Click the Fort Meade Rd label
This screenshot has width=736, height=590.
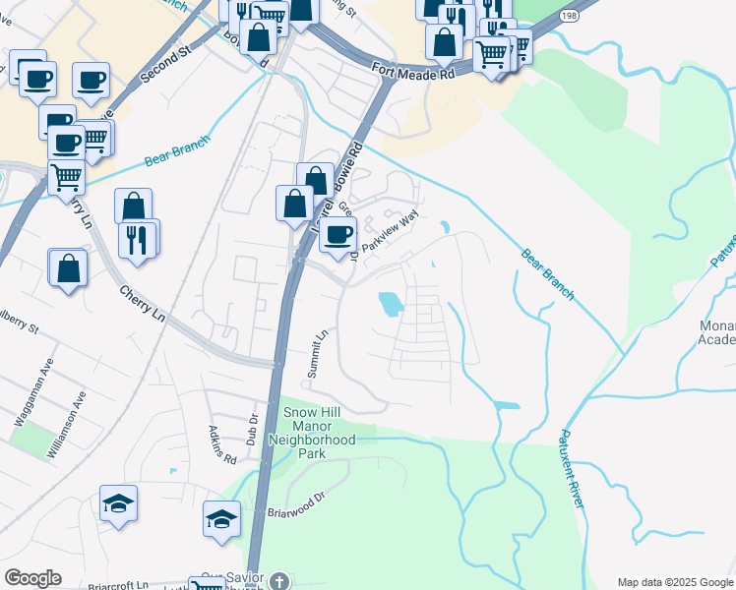click(413, 71)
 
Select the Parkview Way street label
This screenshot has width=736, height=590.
click(391, 235)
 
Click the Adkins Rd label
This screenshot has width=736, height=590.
click(223, 444)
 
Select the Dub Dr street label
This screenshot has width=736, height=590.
click(253, 431)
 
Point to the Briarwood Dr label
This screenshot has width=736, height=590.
click(296, 506)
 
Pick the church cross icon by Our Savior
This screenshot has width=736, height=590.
click(278, 581)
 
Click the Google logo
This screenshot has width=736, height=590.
click(32, 578)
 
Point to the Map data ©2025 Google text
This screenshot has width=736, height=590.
click(675, 582)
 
